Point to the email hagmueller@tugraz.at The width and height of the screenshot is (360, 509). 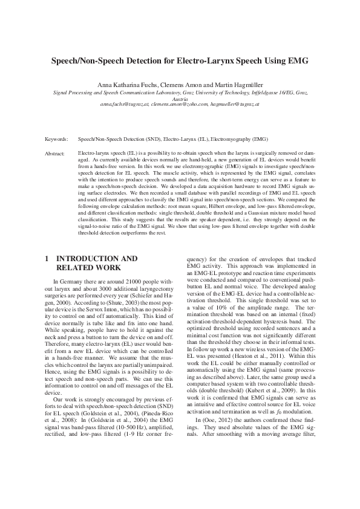tap(235, 104)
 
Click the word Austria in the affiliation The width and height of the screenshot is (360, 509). tap(180, 98)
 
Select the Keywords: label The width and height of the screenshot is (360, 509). tap(57, 138)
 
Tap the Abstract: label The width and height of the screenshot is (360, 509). tap(56, 154)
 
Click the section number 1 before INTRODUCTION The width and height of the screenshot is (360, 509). tap(47, 258)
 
